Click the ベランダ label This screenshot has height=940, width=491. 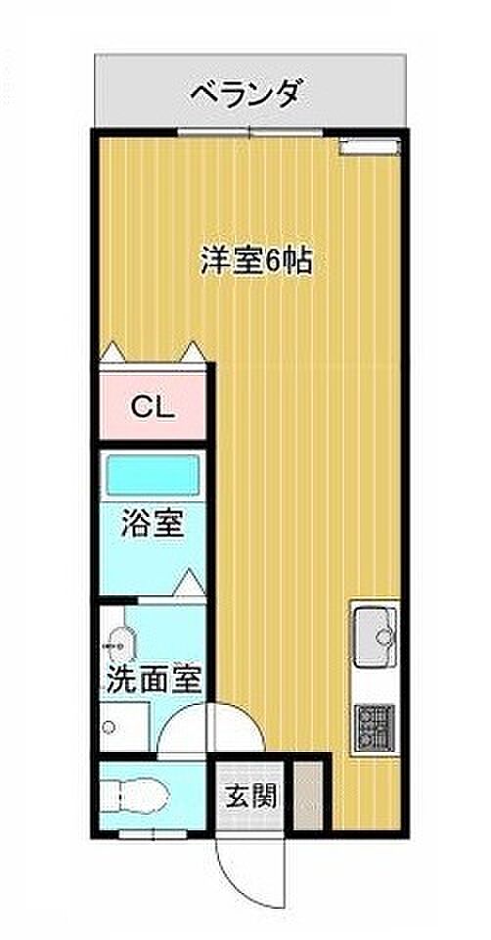(x=245, y=93)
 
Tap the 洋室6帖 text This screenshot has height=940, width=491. (x=256, y=260)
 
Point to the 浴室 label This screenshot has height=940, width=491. (x=152, y=523)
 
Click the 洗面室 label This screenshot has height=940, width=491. (x=153, y=681)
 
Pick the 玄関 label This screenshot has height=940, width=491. (x=251, y=796)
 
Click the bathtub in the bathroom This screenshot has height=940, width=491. (x=152, y=474)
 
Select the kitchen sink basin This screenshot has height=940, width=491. (x=375, y=636)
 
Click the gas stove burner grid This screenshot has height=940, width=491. (x=375, y=728)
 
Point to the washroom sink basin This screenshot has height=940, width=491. (x=118, y=646)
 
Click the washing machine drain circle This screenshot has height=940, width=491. (x=109, y=728)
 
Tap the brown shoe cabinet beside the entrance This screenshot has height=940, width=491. (x=309, y=796)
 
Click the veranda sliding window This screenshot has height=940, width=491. (x=250, y=132)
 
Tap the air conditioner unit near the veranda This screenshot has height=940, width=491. (x=370, y=146)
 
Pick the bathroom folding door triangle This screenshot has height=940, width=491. (x=190, y=583)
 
